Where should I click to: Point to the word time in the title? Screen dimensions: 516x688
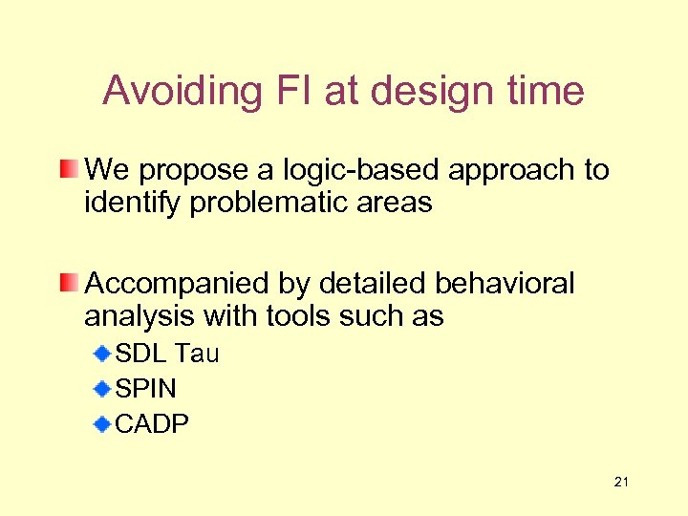tap(547, 92)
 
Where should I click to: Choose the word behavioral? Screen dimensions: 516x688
tap(505, 284)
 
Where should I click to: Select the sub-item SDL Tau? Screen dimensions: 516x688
tap(167, 355)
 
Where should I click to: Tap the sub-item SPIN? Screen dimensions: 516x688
tap(145, 389)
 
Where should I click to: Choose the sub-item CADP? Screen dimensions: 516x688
tap(152, 423)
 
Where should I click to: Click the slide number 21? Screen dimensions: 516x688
tap(621, 483)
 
